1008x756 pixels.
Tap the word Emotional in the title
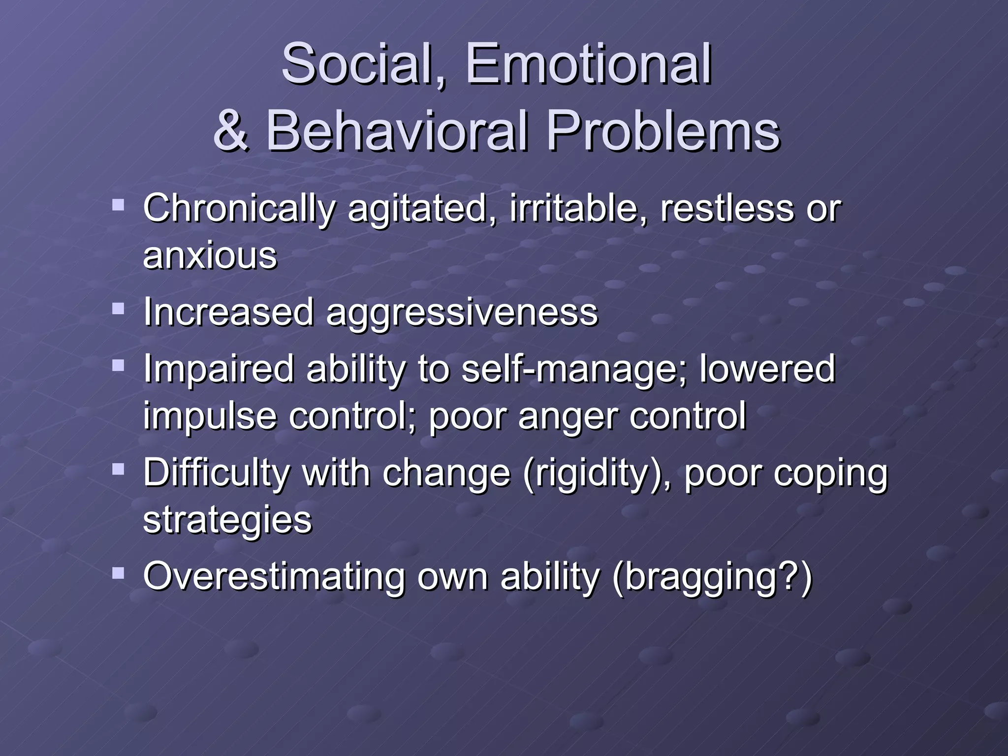(x=588, y=64)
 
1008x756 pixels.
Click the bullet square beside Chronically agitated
(x=118, y=205)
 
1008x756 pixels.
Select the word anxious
(x=210, y=256)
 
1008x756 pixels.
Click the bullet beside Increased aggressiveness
(x=118, y=309)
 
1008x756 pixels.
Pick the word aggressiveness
(x=462, y=313)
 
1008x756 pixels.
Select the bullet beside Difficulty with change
(x=118, y=469)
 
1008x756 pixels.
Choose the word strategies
(x=227, y=521)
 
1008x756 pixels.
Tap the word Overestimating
(x=274, y=577)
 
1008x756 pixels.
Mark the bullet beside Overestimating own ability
(x=118, y=573)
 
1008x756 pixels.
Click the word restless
(x=726, y=209)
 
